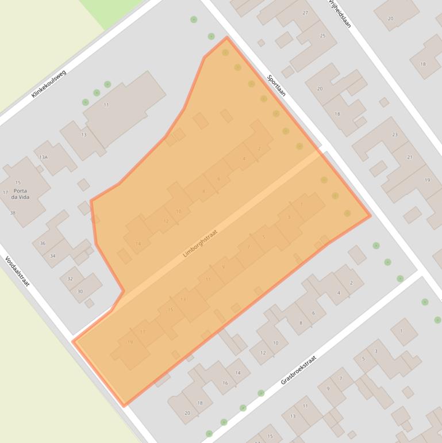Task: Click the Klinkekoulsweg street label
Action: click(x=49, y=84)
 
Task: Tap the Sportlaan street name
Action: click(x=276, y=84)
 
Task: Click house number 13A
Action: click(x=43, y=157)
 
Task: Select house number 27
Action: click(x=305, y=13)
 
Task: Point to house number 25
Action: click(x=322, y=36)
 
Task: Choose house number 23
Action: click(x=394, y=135)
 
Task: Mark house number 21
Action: click(x=409, y=157)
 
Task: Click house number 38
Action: click(x=13, y=213)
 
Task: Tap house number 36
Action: click(x=43, y=243)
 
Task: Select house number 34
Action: click(x=53, y=256)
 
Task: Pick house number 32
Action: click(x=70, y=279)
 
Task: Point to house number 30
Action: click(x=80, y=292)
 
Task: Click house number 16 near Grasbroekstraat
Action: click(x=225, y=383)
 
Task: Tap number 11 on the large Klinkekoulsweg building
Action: click(x=106, y=105)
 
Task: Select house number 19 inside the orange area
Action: click(x=130, y=342)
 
